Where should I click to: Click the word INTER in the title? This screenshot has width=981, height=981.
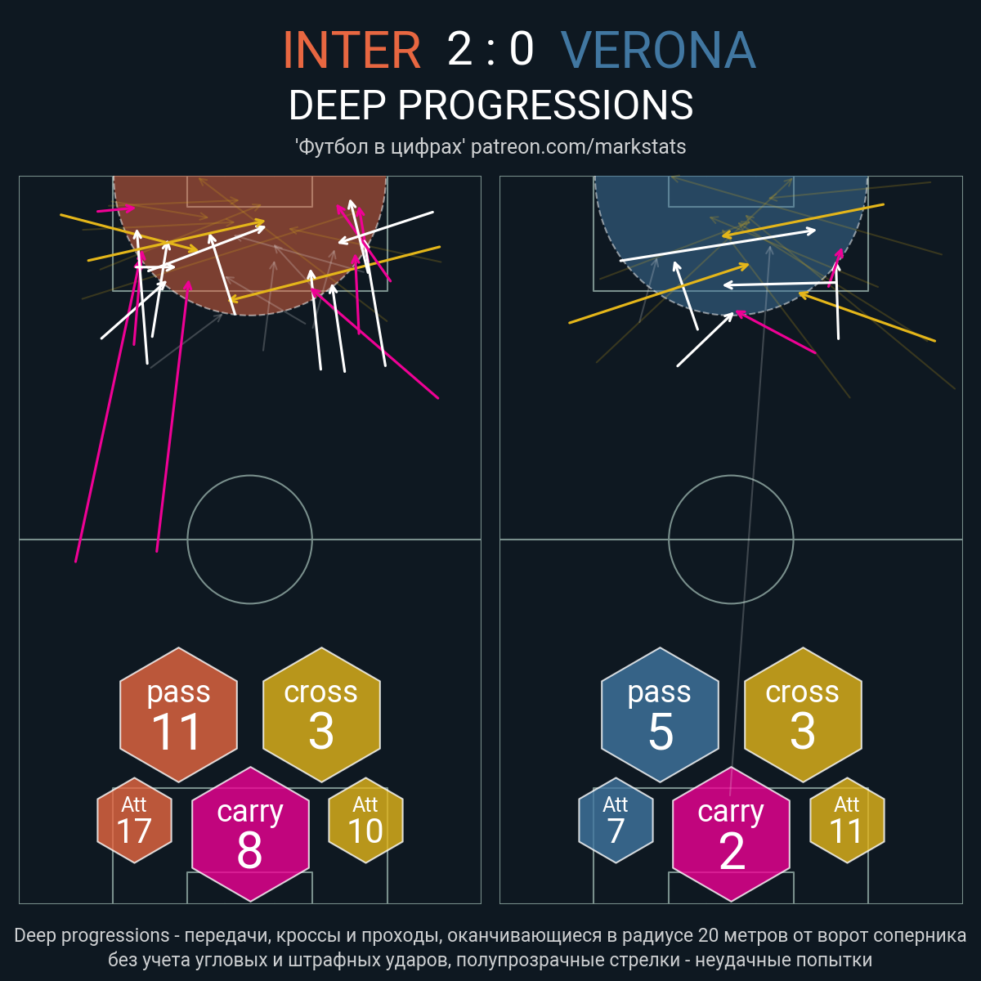pyautogui.click(x=352, y=49)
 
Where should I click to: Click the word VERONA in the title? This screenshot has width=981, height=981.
pyautogui.click(x=658, y=49)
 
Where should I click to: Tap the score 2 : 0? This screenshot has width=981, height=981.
pyautogui.click(x=490, y=49)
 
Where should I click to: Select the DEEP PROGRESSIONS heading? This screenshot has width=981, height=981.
pyautogui.click(x=490, y=105)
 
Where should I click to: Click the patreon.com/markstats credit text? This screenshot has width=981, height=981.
pyautogui.click(x=578, y=146)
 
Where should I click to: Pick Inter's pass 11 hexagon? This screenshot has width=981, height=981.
pyautogui.click(x=179, y=714)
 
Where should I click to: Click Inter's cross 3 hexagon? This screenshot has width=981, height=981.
pyautogui.click(x=321, y=714)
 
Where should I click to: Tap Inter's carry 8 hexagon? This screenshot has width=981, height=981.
pyautogui.click(x=250, y=834)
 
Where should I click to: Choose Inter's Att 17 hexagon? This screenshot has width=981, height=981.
pyautogui.click(x=134, y=820)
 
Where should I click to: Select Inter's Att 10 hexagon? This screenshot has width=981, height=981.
pyautogui.click(x=365, y=820)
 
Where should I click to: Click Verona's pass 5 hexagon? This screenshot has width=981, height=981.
pyautogui.click(x=660, y=714)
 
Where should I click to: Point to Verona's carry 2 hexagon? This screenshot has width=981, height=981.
pyautogui.click(x=731, y=834)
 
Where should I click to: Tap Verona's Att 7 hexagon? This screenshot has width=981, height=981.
pyautogui.click(x=616, y=820)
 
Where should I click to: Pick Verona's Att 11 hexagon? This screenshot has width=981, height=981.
pyautogui.click(x=847, y=820)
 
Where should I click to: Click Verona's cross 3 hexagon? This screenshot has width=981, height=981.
pyautogui.click(x=803, y=714)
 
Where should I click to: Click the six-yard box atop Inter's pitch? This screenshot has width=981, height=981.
pyautogui.click(x=250, y=207)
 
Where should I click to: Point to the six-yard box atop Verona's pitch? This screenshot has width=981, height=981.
pyautogui.click(x=731, y=207)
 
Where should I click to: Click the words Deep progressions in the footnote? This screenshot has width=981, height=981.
pyautogui.click(x=92, y=935)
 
